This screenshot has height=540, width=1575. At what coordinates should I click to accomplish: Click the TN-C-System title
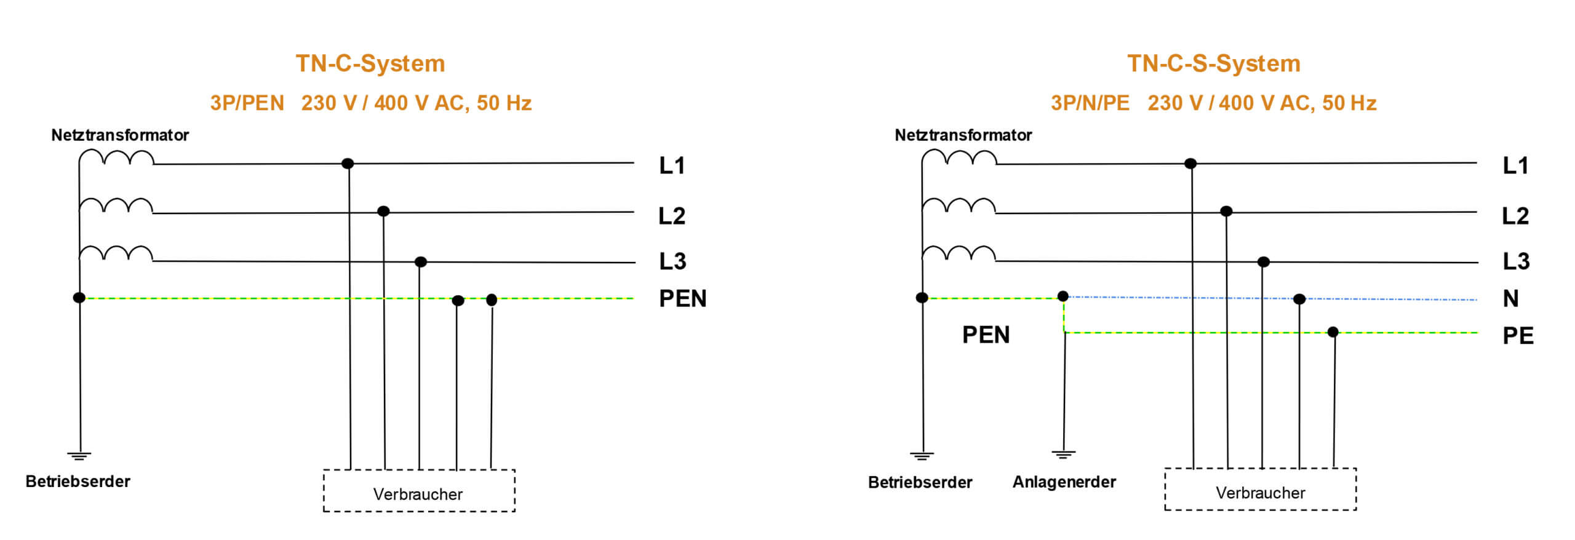point(370,64)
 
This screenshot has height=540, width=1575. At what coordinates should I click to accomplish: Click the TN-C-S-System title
point(1213,64)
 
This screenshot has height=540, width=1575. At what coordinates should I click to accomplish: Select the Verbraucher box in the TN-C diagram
point(418,491)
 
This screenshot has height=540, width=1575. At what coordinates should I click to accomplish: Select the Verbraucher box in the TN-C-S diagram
point(1260,490)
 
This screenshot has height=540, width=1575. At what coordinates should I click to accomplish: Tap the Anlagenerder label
point(1064,482)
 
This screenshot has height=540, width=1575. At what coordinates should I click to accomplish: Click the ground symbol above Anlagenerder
point(1063,455)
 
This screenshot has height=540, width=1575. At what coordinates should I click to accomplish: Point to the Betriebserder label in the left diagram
point(78,482)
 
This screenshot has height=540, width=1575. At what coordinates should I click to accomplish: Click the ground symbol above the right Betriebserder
point(922,456)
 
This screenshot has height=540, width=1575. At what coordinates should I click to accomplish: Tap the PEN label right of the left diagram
point(682,299)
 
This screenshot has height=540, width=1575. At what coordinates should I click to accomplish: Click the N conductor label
point(1510,299)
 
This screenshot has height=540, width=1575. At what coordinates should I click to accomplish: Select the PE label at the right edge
point(1518,336)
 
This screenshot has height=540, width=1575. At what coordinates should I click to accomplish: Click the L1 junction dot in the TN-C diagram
point(348,164)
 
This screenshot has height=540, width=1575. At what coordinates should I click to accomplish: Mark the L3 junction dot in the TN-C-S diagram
point(1263,262)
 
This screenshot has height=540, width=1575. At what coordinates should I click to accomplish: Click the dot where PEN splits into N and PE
point(1063,296)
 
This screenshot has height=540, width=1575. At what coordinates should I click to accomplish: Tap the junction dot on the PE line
point(1333,332)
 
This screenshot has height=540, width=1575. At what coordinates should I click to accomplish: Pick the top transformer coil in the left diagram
point(117,158)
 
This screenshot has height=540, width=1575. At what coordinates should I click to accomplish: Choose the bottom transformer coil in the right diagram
point(959,254)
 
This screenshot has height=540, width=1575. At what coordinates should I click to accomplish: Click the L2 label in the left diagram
point(671,216)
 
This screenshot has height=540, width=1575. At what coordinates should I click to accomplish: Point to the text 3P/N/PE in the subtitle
point(1090,103)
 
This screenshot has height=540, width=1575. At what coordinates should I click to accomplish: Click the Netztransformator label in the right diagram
point(963,135)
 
